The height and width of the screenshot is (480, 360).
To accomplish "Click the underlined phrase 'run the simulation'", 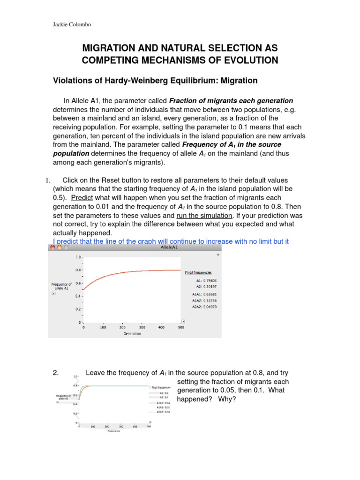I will pyautogui.click(x=204, y=216).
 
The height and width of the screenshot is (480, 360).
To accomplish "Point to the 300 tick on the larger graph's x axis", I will pyautogui.click(x=142, y=328).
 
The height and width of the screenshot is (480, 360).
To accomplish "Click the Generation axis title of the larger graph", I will pyautogui.click(x=133, y=334).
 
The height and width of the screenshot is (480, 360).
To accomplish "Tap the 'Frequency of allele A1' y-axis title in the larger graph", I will pyautogui.click(x=61, y=286).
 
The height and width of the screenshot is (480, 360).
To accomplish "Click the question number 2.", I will pyautogui.click(x=55, y=373).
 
